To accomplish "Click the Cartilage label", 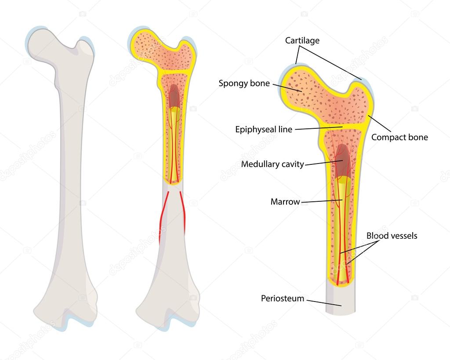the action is [302, 41].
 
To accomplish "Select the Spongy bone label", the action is [244, 83].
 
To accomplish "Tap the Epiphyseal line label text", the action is [264, 129].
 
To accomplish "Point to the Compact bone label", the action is [399, 137].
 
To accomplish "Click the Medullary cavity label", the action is [272, 164].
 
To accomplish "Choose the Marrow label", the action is [285, 202].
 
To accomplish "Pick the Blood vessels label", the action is [392, 236].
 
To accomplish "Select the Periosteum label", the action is [283, 298].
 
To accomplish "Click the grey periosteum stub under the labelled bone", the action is [340, 301].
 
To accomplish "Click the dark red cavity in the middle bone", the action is [174, 95].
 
